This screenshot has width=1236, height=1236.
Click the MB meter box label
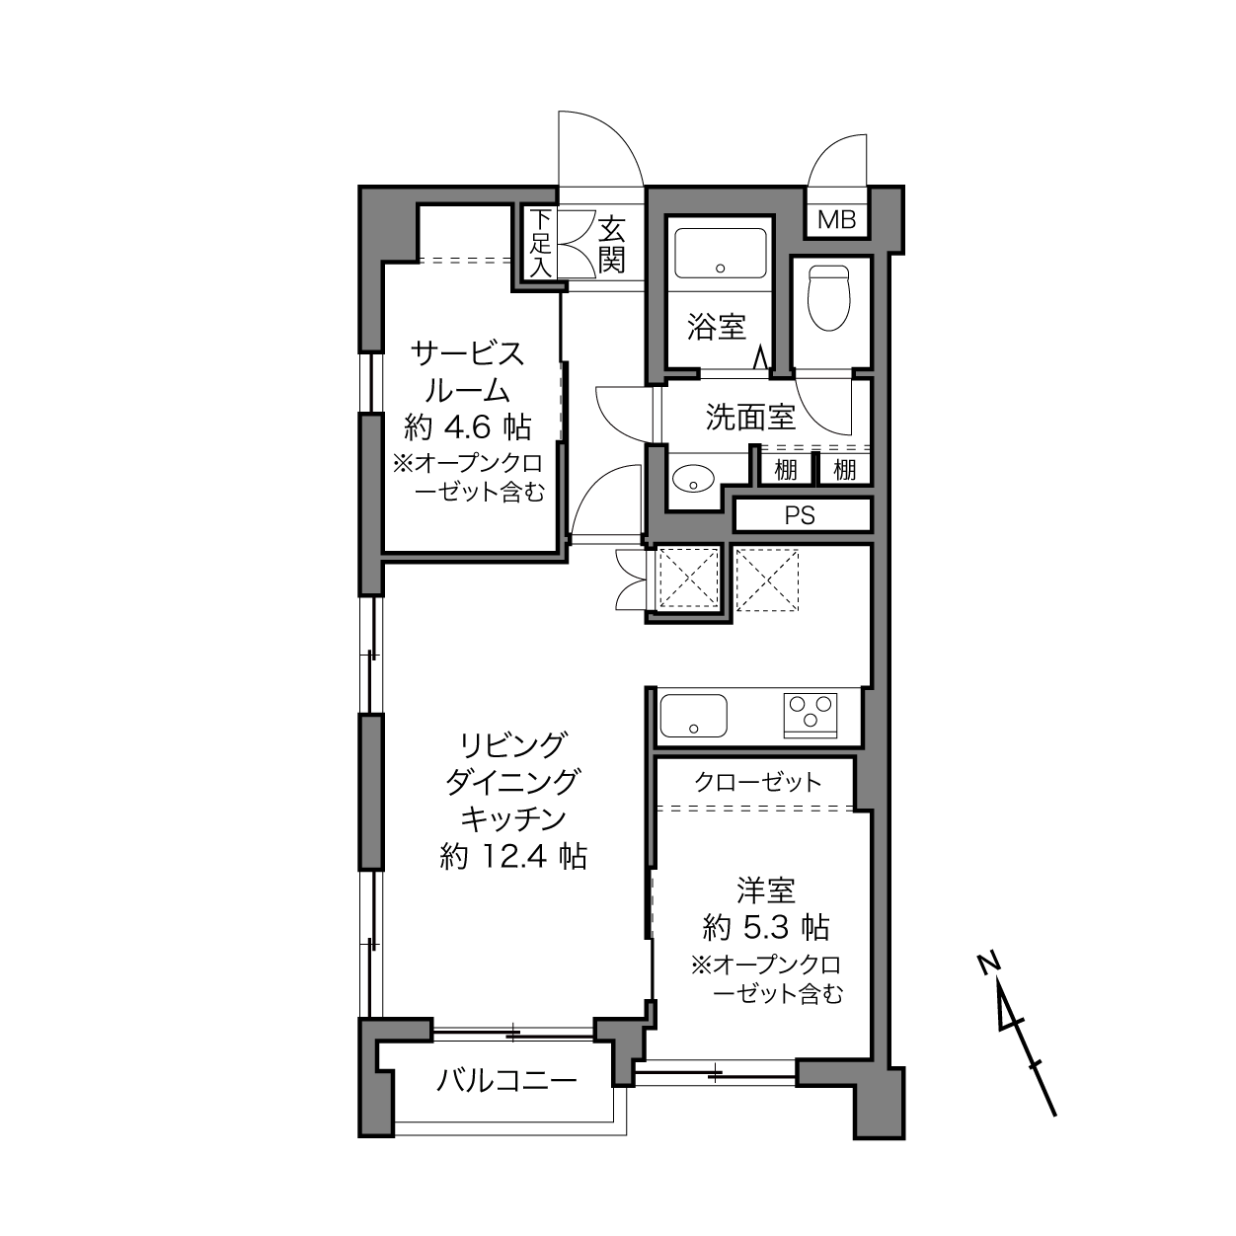point(836,220)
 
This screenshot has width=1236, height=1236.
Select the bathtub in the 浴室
point(721,254)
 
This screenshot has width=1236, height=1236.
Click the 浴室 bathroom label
point(717,326)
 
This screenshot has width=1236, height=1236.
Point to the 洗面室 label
point(750,417)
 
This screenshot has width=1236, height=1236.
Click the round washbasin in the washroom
point(693,478)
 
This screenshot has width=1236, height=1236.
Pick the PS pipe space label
point(800,515)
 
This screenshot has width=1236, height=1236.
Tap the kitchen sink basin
point(693,716)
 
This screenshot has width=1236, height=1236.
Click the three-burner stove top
point(811,715)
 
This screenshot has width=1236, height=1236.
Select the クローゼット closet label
point(757,783)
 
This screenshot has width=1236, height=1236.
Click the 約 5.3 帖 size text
point(766,927)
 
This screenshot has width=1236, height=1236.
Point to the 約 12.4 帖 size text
point(513,856)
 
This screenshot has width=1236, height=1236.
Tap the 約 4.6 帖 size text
point(468,426)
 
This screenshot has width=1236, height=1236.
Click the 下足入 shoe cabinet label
point(541,244)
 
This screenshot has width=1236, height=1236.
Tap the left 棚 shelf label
point(786,470)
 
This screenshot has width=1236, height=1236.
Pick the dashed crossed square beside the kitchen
point(766,580)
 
